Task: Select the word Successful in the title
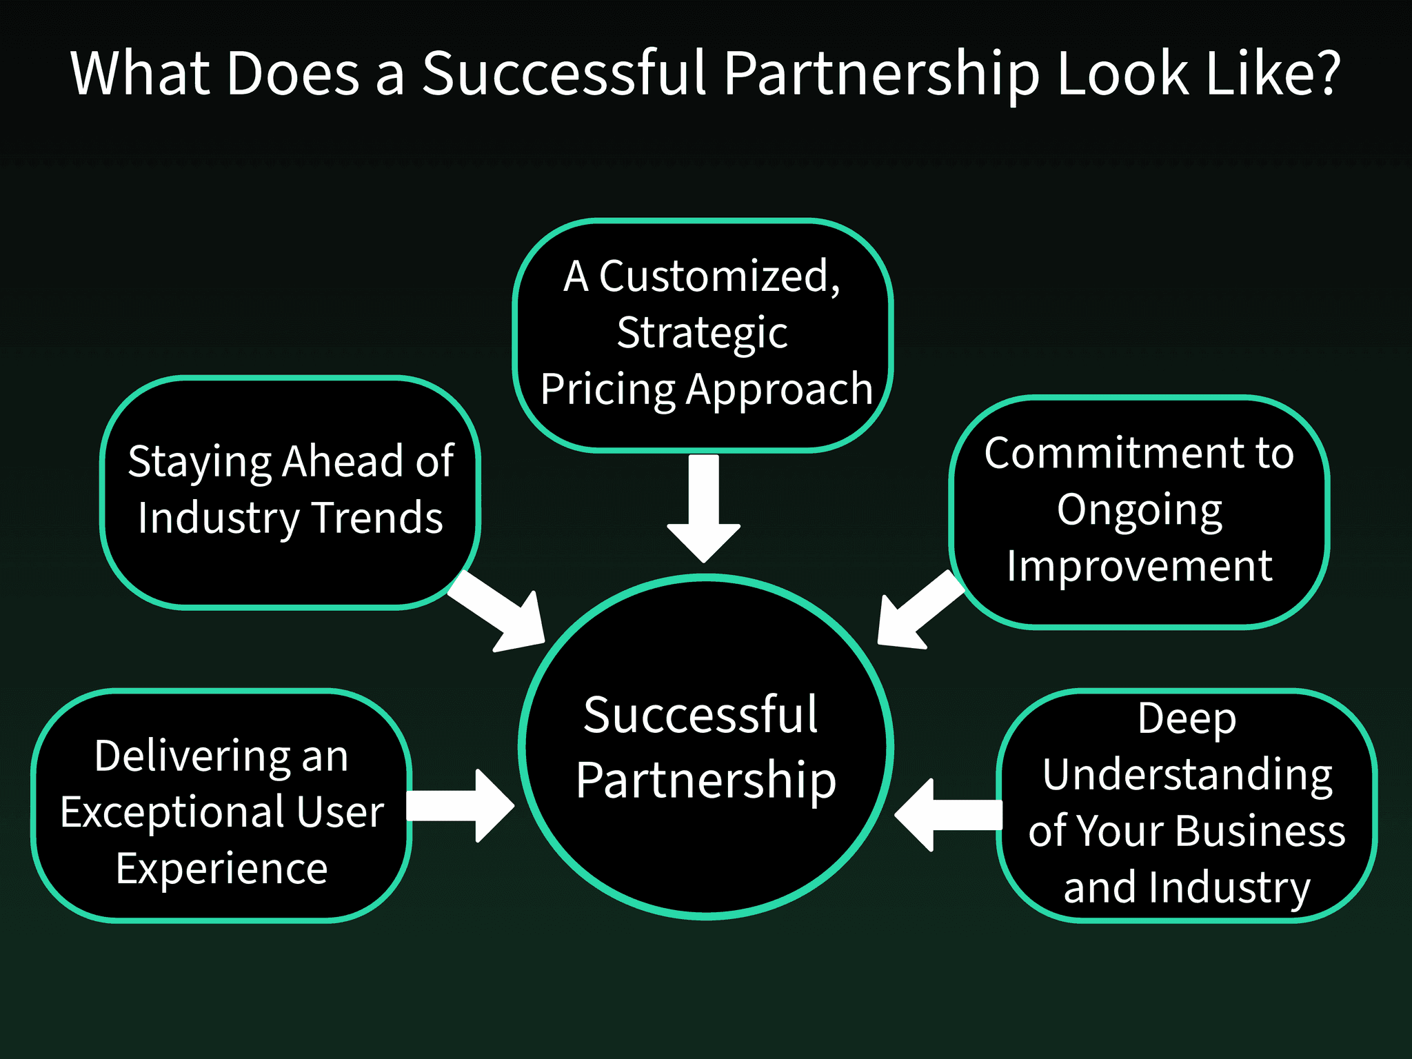[x=564, y=72]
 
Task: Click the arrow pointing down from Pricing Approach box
[x=703, y=510]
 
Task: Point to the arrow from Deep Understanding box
[x=948, y=815]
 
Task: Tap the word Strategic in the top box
[x=702, y=334]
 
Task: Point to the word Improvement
[x=1139, y=567]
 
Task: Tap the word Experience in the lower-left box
[x=221, y=869]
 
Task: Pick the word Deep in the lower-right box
[x=1187, y=719]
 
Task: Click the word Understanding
[x=1187, y=775]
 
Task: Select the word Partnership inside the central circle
[x=706, y=780]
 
